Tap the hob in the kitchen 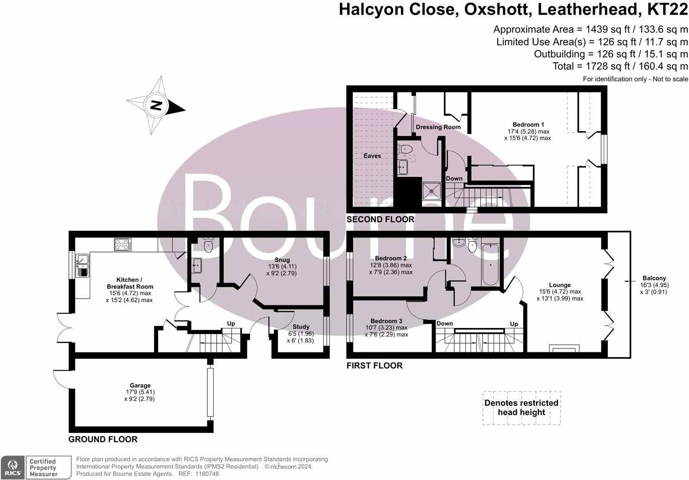pos(123,245)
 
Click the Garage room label pos(140,385)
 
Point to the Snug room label pos(282,260)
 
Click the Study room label pos(301,327)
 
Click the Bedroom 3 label pos(386,321)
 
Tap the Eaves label pos(372,156)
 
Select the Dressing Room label pos(438,127)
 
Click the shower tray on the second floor pos(432,191)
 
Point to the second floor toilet pos(404,150)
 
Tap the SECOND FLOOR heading pos(380,219)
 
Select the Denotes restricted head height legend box pos(521,408)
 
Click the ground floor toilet pos(208,245)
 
